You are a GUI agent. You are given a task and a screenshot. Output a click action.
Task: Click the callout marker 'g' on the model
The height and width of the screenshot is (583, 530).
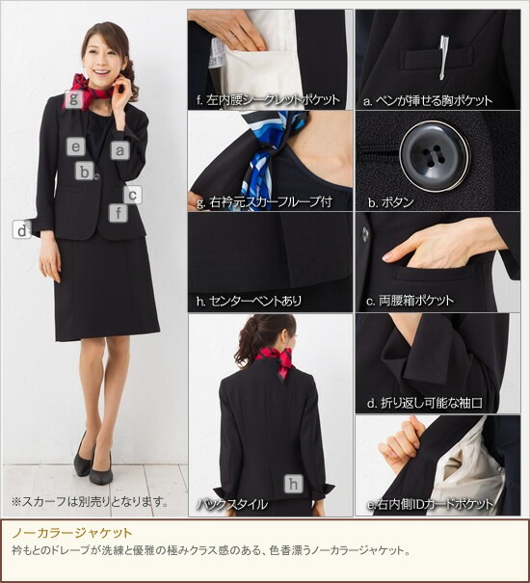(72, 98)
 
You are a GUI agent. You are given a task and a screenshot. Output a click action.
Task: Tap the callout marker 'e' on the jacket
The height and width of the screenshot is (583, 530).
(76, 146)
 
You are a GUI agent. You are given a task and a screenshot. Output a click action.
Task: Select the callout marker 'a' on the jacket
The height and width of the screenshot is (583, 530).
(119, 150)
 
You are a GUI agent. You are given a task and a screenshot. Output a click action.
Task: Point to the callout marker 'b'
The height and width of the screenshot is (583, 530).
(86, 172)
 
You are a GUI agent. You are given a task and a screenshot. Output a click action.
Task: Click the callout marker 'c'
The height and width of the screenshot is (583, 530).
(133, 194)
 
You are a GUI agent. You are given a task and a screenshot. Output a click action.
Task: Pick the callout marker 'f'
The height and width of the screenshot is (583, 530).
(118, 213)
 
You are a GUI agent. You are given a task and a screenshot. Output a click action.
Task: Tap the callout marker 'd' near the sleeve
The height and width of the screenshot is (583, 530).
(21, 229)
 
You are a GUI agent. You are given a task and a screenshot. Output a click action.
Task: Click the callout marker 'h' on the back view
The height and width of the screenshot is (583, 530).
(293, 484)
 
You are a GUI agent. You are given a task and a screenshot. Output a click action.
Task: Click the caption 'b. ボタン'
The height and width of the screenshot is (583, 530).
(390, 202)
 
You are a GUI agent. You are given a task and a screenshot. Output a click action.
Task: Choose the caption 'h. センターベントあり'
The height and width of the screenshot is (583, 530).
(249, 301)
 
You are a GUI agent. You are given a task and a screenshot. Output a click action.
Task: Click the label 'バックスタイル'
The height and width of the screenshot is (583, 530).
(232, 503)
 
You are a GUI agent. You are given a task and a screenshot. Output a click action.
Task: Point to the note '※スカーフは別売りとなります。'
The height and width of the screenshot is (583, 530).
(90, 501)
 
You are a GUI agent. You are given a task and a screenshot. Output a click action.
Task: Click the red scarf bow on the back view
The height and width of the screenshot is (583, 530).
(273, 360)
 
